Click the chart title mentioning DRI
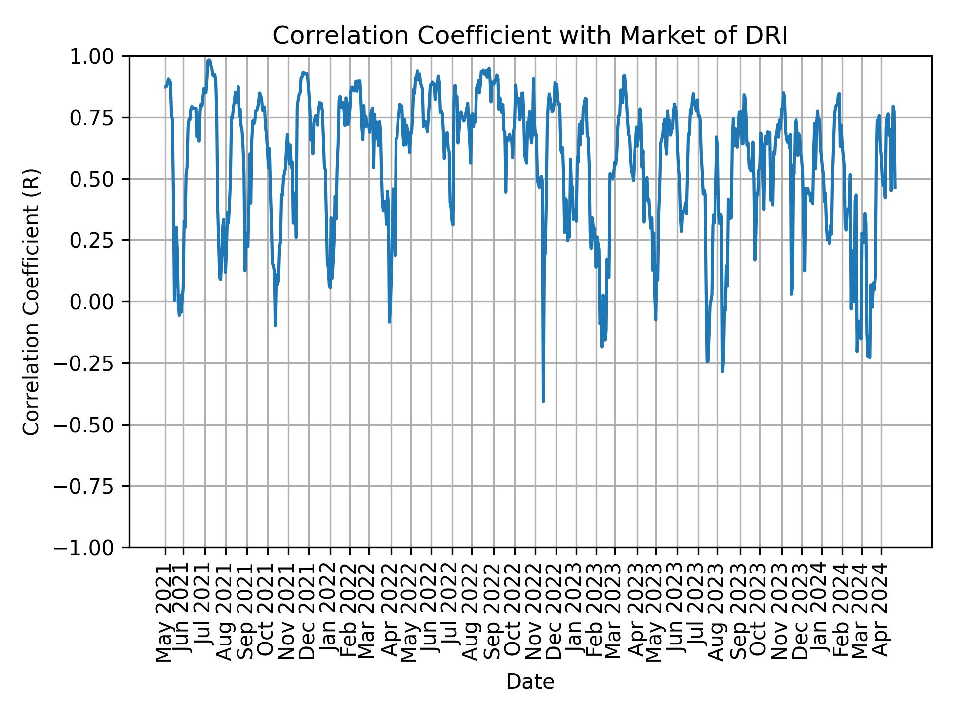pos(530,36)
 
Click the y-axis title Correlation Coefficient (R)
pos(31,302)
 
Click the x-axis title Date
pos(530,682)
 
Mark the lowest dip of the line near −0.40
pos(543,401)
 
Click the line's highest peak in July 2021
pos(209,60)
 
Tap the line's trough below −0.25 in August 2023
pos(722,371)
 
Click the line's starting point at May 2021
pos(165,87)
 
